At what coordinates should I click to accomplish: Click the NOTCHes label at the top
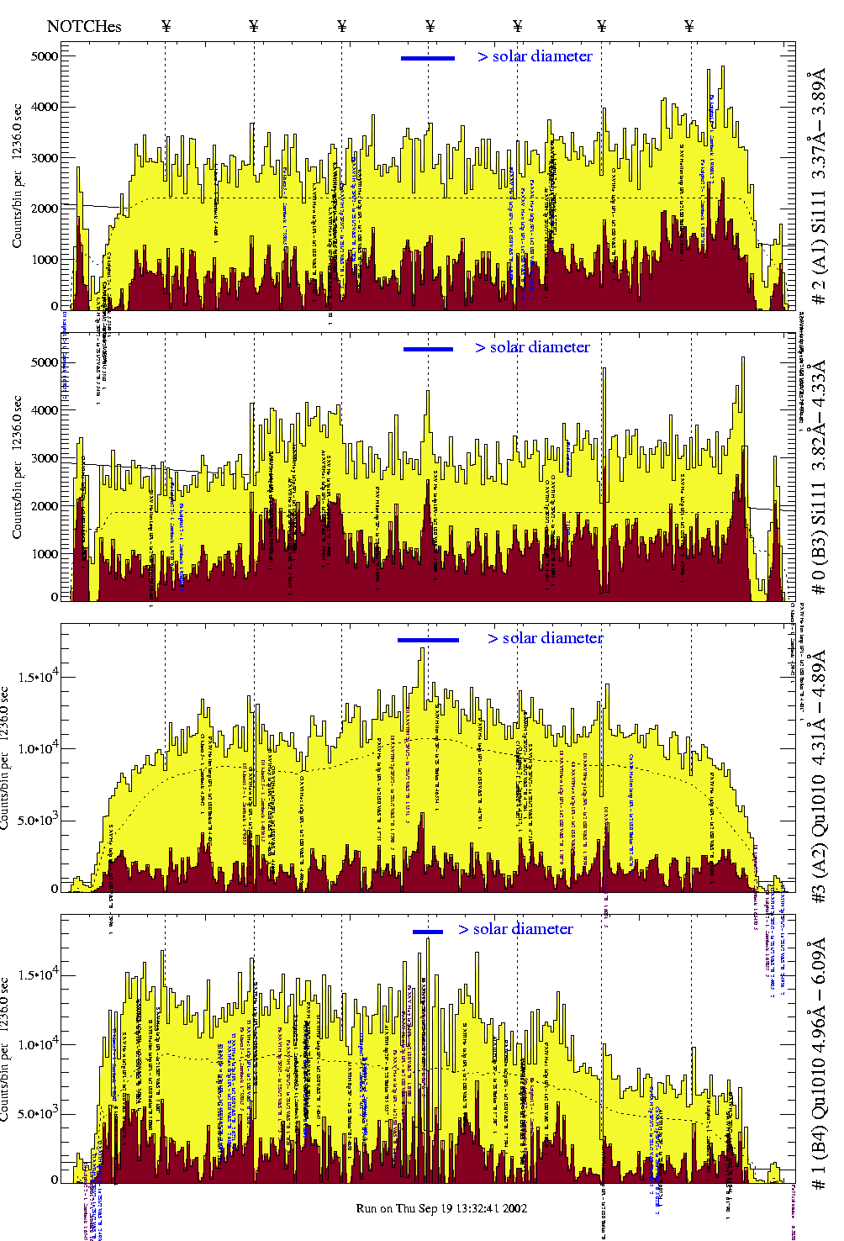(84, 26)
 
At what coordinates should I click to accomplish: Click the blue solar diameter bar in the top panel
(428, 58)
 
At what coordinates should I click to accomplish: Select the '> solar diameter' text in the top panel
(535, 56)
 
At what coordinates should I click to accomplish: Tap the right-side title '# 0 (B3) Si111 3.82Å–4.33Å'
(818, 477)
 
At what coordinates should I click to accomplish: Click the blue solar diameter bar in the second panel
(428, 349)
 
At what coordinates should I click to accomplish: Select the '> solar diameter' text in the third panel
(545, 638)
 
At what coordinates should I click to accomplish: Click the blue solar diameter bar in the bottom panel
(428, 932)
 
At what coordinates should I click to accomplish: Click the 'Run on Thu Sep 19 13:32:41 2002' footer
(441, 1208)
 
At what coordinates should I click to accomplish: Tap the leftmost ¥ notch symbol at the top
(166, 26)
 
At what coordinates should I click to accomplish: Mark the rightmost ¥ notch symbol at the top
(689, 26)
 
